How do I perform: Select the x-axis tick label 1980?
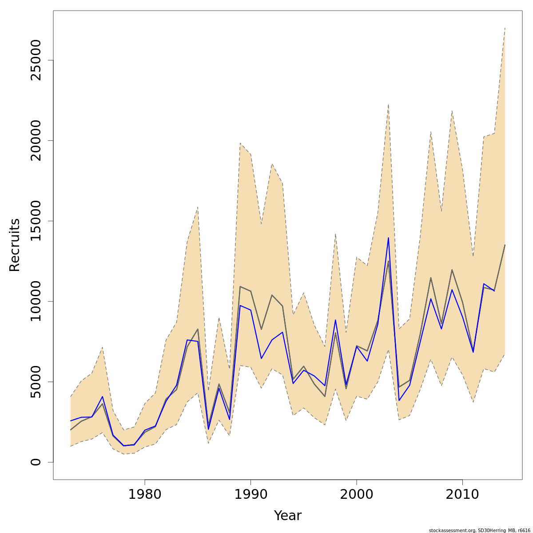(145, 494)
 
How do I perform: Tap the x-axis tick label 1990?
(251, 494)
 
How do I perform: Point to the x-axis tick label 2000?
(357, 494)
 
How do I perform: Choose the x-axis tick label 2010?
(462, 494)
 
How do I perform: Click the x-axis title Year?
(287, 516)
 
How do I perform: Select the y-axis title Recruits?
(15, 245)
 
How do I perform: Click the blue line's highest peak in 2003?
(388, 238)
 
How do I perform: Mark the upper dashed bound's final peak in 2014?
(505, 28)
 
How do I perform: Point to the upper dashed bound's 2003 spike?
(388, 105)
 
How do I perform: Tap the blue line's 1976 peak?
(103, 397)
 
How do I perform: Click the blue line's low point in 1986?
(208, 429)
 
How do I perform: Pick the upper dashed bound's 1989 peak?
(240, 143)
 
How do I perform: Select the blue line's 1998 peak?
(335, 320)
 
